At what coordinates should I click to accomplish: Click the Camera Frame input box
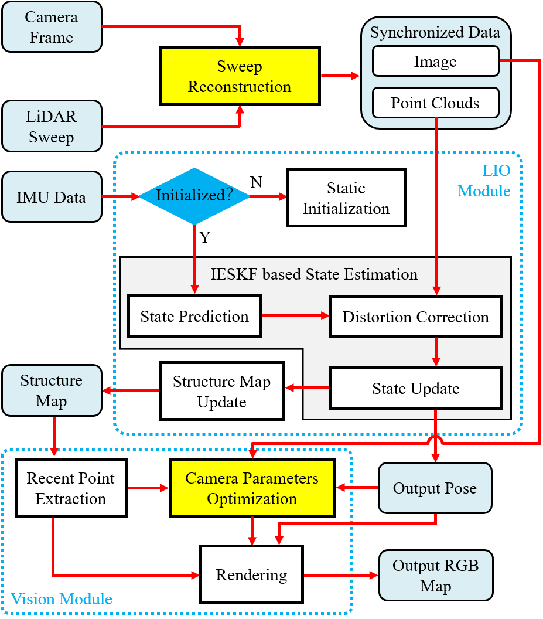point(52,27)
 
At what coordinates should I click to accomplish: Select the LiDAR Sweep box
point(52,127)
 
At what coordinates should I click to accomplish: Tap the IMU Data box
point(52,197)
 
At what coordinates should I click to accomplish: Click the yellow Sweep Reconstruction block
point(240,76)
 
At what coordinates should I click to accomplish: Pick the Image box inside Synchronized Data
point(435,62)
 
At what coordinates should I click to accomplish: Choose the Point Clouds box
point(435,103)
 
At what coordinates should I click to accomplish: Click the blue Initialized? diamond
point(194,196)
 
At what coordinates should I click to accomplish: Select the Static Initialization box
point(346,198)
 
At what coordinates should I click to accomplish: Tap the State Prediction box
point(194,317)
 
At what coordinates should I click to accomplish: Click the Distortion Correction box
point(416,317)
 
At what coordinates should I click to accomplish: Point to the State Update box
point(416,388)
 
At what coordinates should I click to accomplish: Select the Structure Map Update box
point(221,392)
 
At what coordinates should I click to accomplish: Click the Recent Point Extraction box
point(71,488)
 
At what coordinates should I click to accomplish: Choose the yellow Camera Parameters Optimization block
point(252,488)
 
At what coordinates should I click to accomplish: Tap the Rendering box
point(251,574)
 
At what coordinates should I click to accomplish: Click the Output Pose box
point(435,488)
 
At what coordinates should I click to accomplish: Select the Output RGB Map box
point(435,576)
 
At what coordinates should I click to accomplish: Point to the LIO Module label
point(484,181)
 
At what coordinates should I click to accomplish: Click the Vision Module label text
point(62,599)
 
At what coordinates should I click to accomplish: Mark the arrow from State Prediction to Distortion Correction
point(296,316)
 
